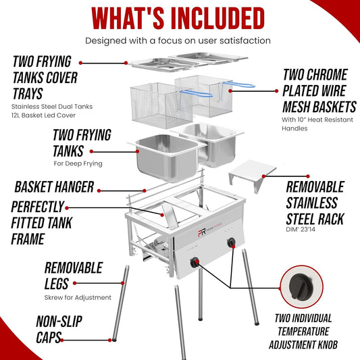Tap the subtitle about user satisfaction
(178, 41)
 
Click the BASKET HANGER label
(55, 186)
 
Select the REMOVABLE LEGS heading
(73, 276)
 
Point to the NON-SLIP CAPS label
(59, 329)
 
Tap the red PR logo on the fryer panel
(202, 232)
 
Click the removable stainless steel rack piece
(253, 174)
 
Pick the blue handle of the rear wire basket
(239, 84)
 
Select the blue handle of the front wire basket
(197, 93)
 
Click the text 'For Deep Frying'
(78, 163)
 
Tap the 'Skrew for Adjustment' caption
(78, 297)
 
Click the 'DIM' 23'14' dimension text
(301, 229)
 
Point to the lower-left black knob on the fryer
(195, 262)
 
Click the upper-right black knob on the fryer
(231, 242)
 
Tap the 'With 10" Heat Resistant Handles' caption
(317, 124)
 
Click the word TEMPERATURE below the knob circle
(303, 332)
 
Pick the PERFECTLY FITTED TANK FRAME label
(41, 223)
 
